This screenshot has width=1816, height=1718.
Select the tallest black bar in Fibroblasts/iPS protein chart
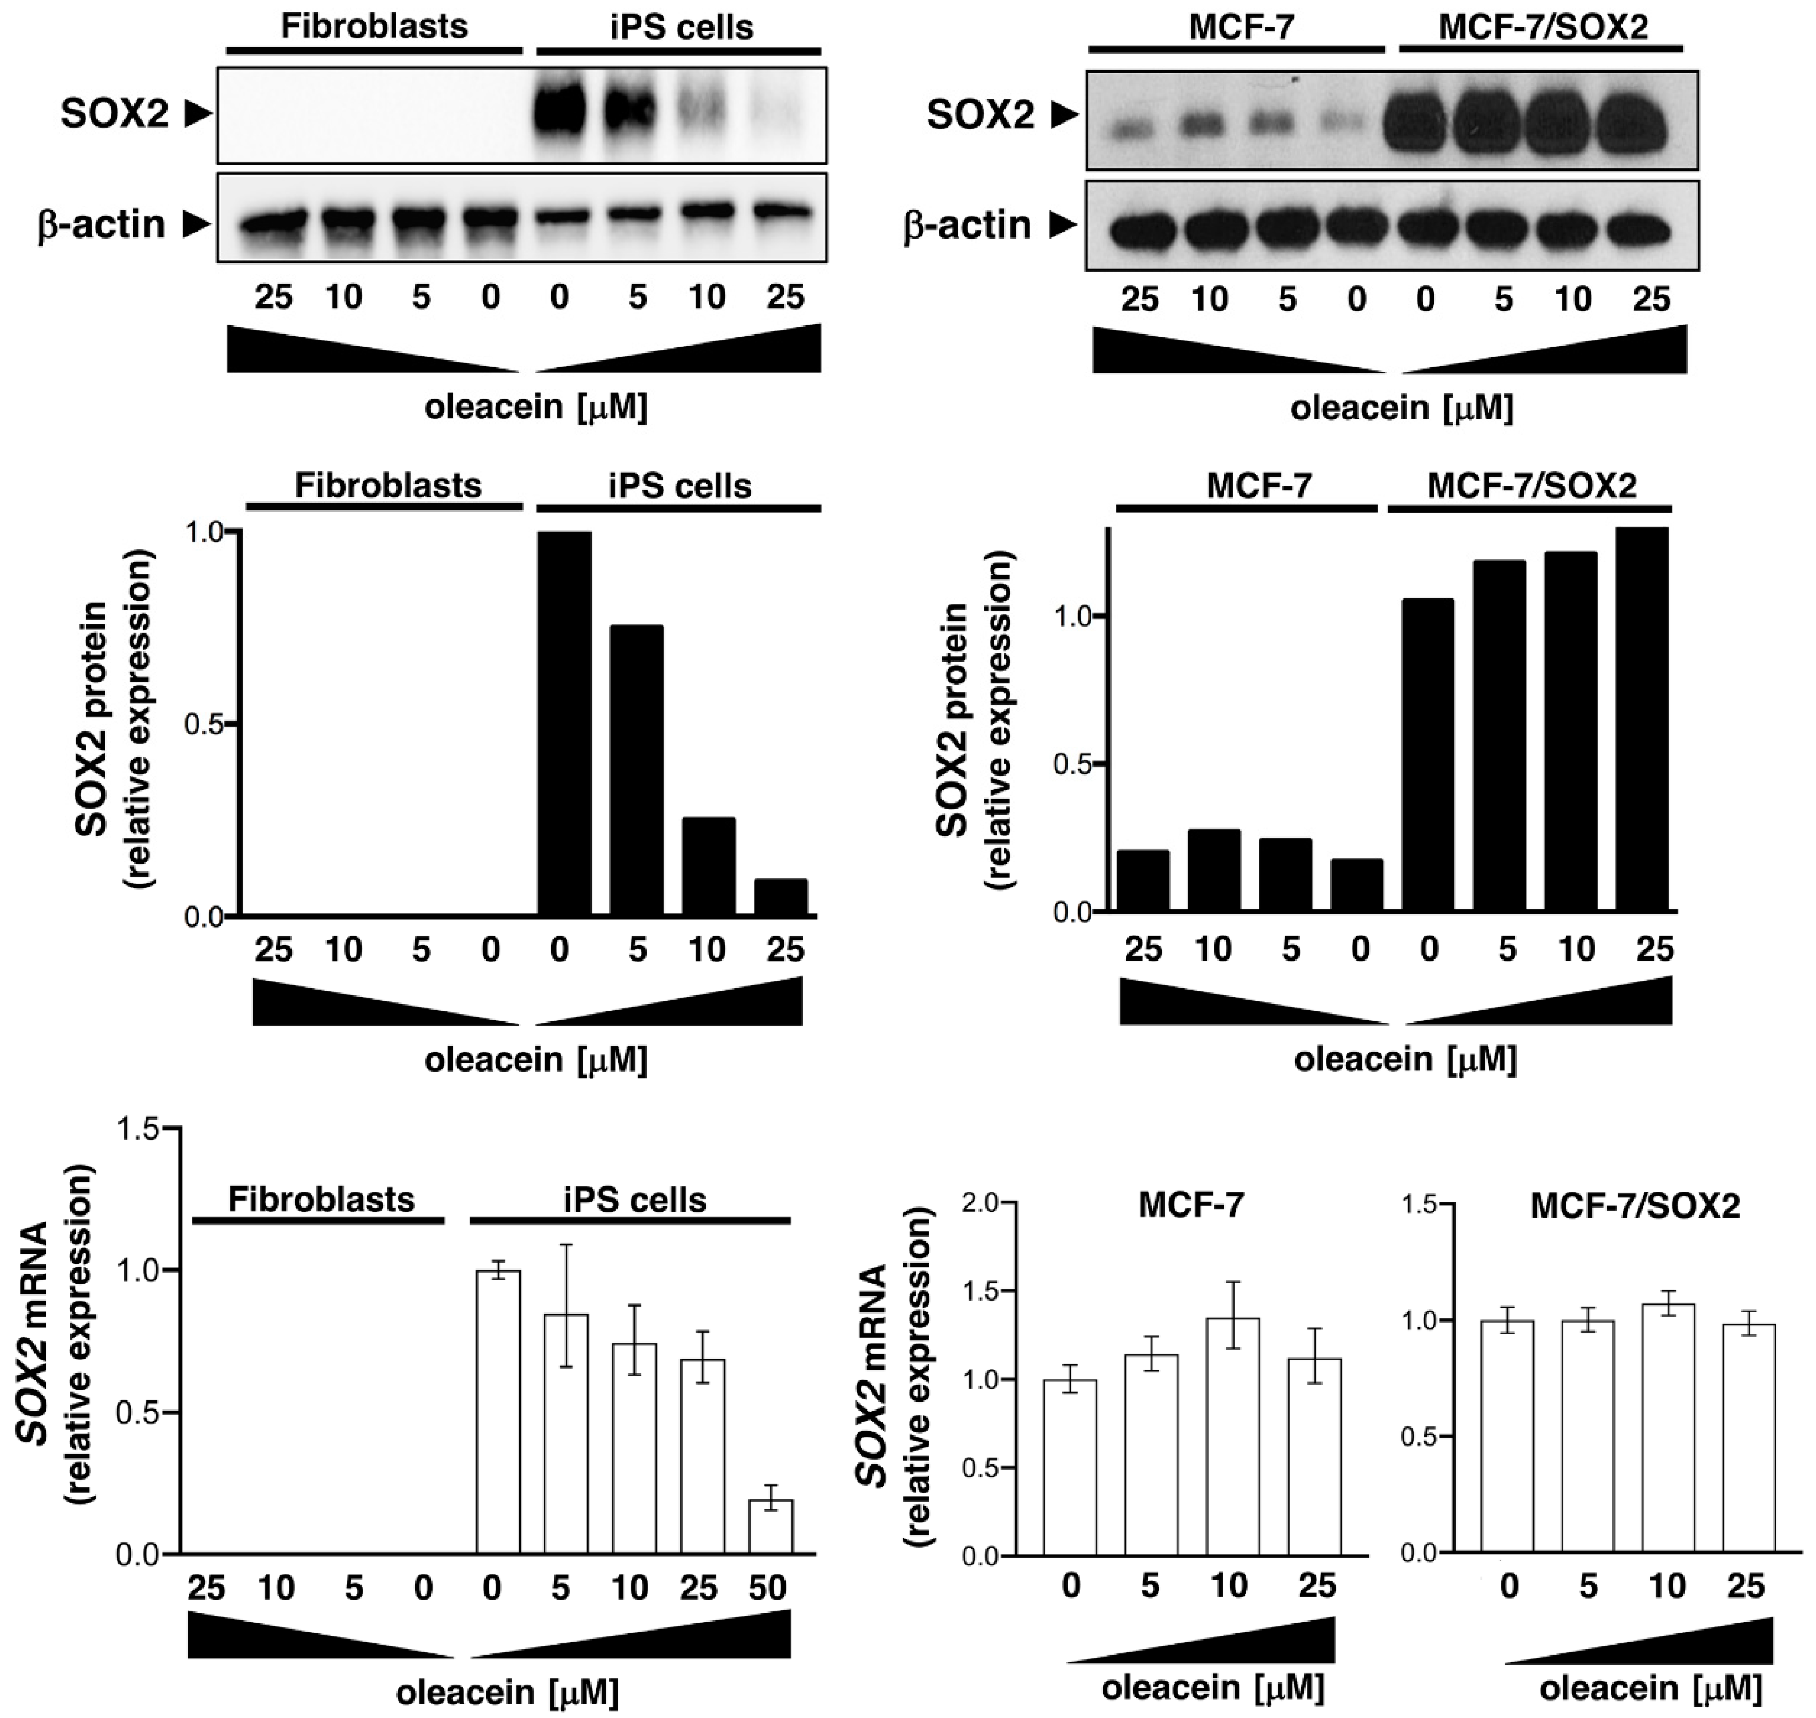pos(564,724)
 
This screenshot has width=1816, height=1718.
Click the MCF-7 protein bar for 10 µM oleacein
pos(1213,870)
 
